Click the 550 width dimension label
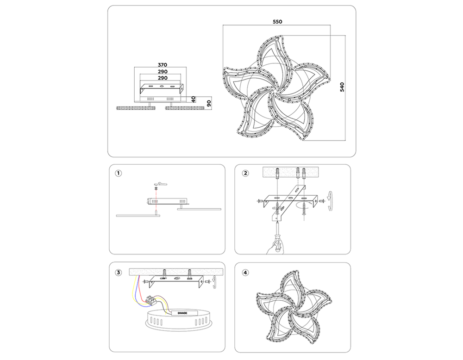point(277,22)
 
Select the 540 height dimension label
point(342,87)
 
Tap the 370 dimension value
point(163,65)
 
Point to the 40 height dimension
point(194,99)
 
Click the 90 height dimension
point(209,103)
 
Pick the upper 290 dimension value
point(163,72)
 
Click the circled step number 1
point(118,173)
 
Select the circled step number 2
point(245,173)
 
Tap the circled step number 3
point(118,273)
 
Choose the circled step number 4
point(245,273)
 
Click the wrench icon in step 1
point(162,184)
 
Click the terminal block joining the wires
point(151,300)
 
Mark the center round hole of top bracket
point(162,87)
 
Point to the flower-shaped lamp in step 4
point(292,307)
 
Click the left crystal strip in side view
point(136,108)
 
